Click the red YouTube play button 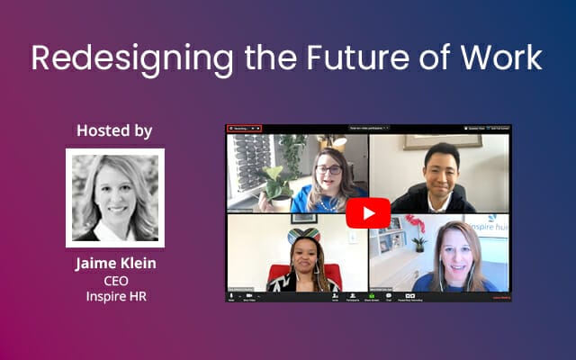tap(368, 212)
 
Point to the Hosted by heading tap(114, 130)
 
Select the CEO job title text tap(114, 281)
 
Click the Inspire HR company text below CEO tap(114, 296)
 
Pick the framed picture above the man tap(442, 141)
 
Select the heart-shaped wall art tap(304, 236)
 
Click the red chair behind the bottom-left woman tap(297, 274)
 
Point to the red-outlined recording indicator tap(244, 129)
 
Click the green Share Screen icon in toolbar tap(371, 295)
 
